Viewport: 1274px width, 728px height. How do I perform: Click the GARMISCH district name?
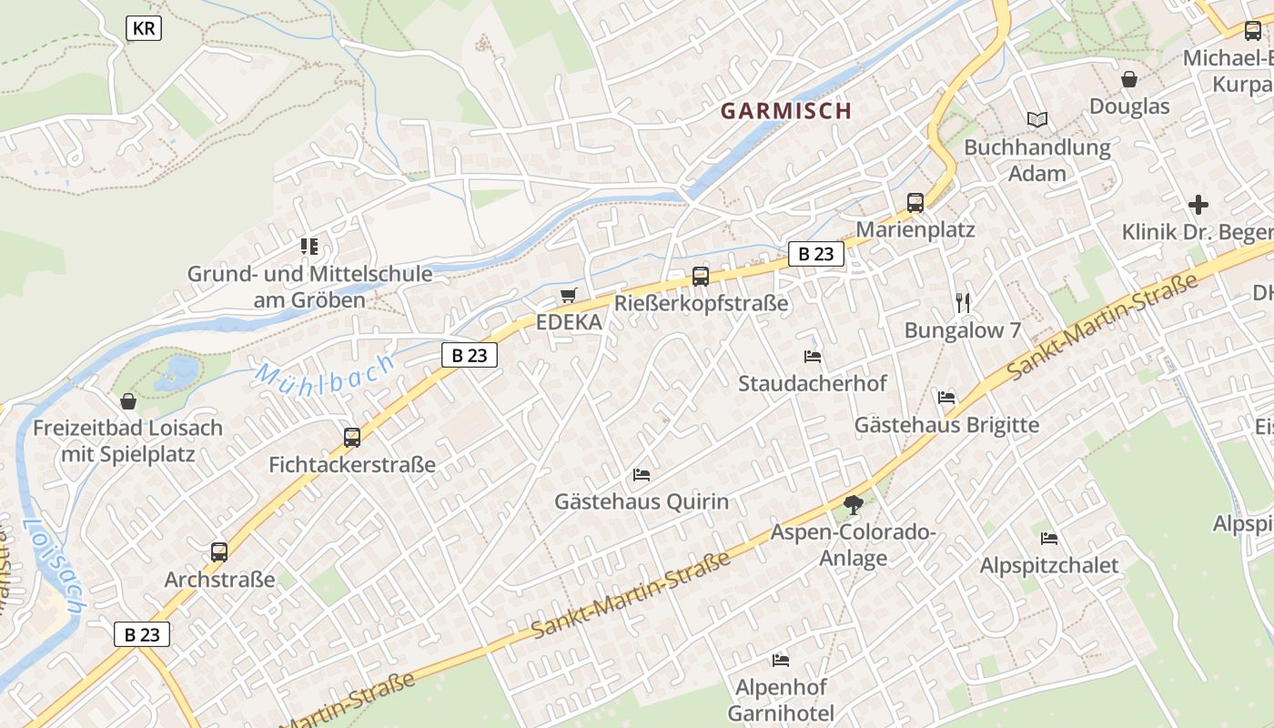786,111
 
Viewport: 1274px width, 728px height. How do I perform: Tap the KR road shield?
144,29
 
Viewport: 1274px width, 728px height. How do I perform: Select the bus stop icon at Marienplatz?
915,203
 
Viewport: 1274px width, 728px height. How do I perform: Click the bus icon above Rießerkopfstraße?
700,277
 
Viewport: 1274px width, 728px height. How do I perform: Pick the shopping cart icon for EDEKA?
569,296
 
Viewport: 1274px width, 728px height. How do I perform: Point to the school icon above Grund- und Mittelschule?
309,247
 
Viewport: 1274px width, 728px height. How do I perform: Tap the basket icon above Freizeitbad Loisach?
128,401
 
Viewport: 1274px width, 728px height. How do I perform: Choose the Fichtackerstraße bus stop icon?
352,438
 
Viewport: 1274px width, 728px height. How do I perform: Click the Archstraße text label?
219,580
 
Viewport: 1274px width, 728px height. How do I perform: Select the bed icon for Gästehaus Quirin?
642,475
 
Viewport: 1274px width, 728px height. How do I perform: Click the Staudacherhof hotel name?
812,383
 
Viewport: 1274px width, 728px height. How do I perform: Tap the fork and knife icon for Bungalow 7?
963,303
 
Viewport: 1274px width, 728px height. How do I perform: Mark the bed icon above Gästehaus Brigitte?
946,398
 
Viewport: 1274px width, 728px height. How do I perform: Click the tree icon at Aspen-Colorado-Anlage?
853,504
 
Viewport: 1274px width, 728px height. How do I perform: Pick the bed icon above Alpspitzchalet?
1049,539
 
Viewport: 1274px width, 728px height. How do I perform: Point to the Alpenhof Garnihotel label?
781,699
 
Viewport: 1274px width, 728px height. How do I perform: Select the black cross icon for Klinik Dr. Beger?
1198,205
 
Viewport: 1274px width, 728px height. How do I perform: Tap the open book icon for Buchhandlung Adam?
1037,119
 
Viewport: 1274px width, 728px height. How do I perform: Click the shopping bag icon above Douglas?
1129,80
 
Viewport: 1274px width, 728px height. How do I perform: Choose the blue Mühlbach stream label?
325,372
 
